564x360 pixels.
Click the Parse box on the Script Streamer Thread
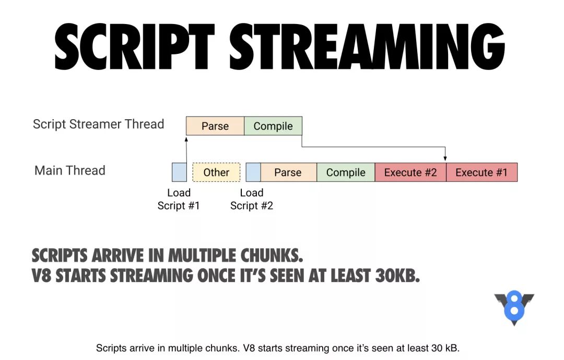click(215, 126)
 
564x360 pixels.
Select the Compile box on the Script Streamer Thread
click(273, 126)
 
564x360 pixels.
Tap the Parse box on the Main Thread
click(288, 172)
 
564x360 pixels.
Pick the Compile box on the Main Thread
click(346, 172)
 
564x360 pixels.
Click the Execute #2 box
click(410, 172)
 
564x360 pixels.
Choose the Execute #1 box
click(481, 172)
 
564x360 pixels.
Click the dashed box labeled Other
click(216, 172)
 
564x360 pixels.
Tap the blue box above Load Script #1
click(179, 172)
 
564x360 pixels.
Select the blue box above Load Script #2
click(253, 172)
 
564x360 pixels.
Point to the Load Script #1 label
click(179, 199)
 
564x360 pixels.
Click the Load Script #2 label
click(252, 199)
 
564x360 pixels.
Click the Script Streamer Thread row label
click(98, 124)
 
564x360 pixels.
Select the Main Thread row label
click(70, 170)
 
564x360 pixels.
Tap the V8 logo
click(514, 308)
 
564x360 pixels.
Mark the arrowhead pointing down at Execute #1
click(445, 158)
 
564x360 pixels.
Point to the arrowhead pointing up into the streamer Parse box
click(186, 138)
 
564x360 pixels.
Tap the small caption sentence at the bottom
click(278, 347)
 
